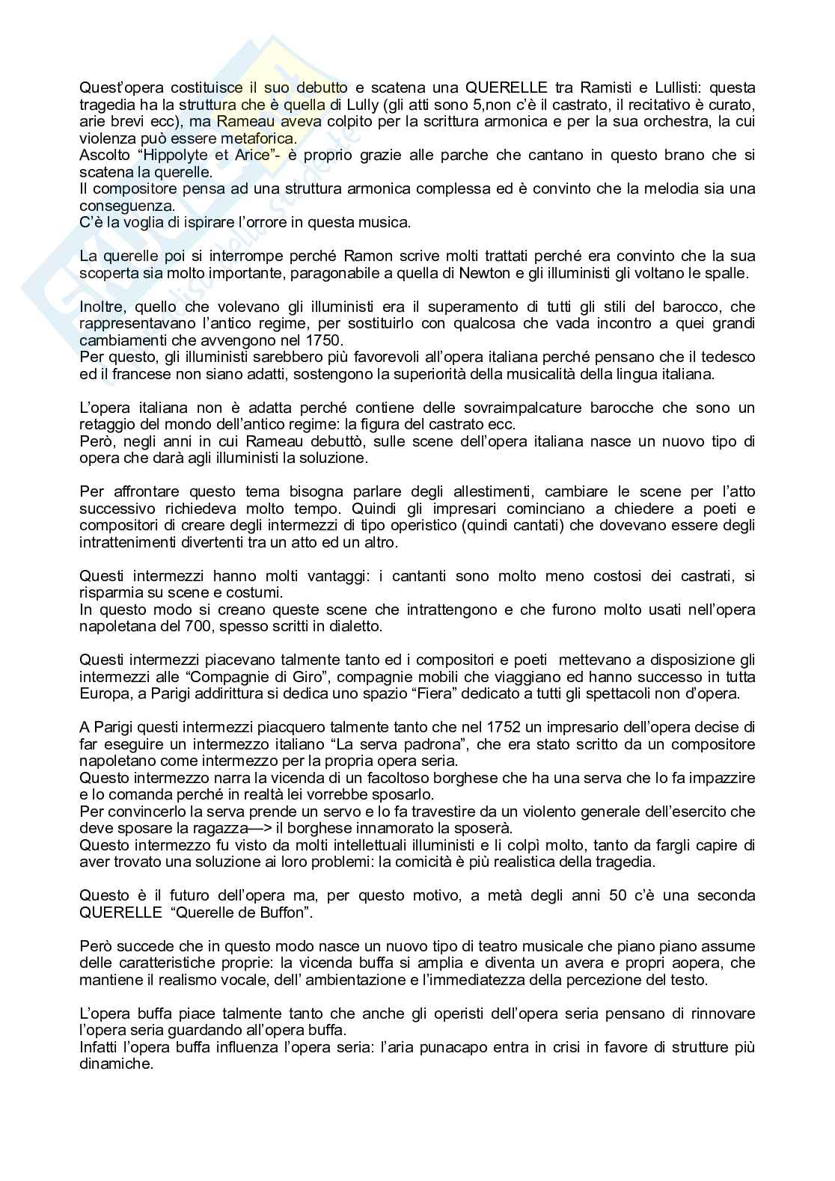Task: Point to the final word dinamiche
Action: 116,1064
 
